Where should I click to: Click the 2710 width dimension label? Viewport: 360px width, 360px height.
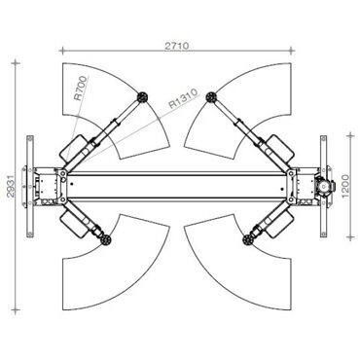pyautogui.click(x=177, y=46)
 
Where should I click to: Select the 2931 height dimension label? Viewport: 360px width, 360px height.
pyautogui.click(x=11, y=187)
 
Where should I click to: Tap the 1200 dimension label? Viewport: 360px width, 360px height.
pyautogui.click(x=345, y=186)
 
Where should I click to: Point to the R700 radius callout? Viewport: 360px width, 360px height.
pyautogui.click(x=81, y=88)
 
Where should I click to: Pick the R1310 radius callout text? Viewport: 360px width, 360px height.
pyautogui.click(x=183, y=98)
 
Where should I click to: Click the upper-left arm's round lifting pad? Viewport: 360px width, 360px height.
pyautogui.click(x=142, y=96)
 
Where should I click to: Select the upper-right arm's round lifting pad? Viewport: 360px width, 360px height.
pyautogui.click(x=211, y=97)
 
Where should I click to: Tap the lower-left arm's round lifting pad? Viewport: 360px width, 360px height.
pyautogui.click(x=106, y=240)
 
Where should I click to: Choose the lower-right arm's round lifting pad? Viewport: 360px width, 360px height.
pyautogui.click(x=248, y=240)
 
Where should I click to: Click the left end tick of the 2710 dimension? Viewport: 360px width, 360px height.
pyautogui.click(x=62, y=51)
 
